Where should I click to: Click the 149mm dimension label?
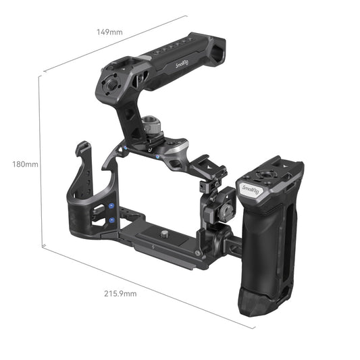coord(109,32)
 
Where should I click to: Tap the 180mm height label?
coord(25,163)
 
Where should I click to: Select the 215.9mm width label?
coord(120,293)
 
